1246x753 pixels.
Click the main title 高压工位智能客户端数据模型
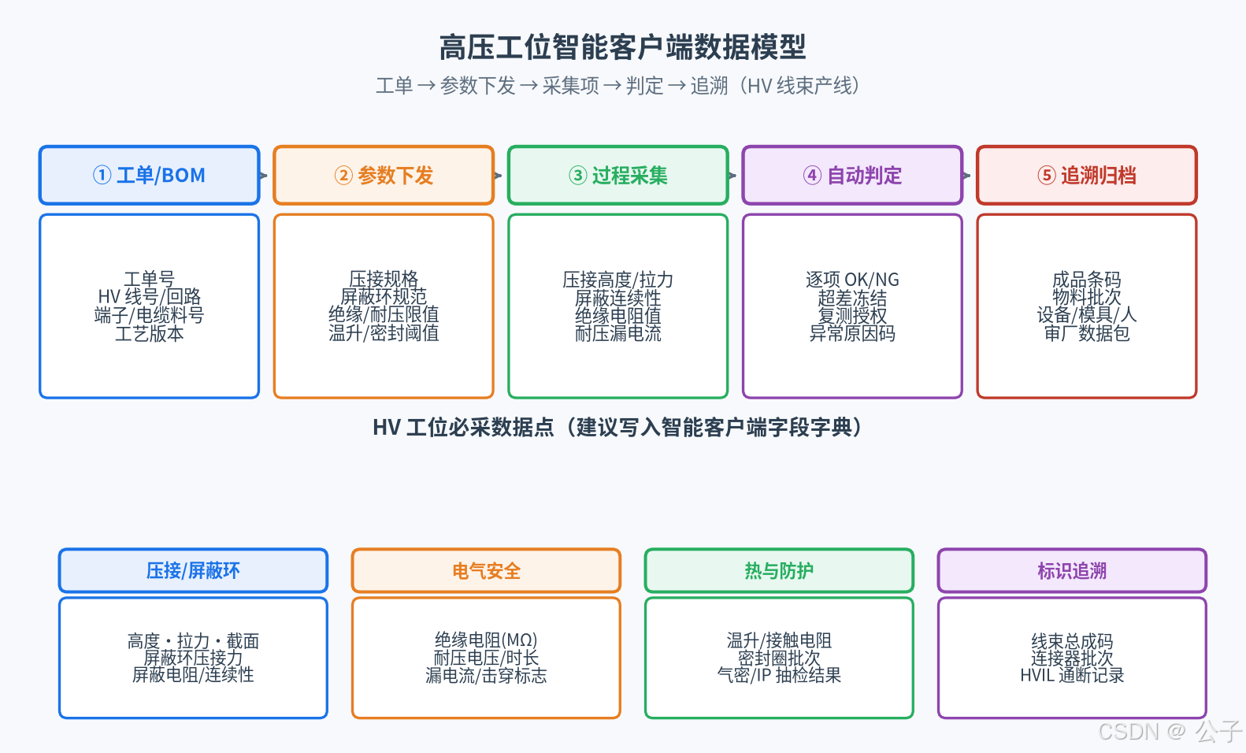(622, 47)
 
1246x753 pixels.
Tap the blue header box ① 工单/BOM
(150, 175)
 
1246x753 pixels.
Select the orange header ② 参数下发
(384, 175)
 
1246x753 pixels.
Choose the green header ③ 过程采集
(618, 175)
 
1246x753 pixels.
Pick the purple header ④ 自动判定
(852, 175)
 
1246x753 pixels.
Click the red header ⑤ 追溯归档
(1087, 175)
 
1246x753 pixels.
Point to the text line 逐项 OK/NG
(852, 279)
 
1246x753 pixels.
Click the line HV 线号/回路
(150, 296)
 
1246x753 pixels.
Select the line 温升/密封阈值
(384, 332)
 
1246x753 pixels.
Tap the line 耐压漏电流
(618, 333)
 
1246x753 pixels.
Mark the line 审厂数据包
(1087, 333)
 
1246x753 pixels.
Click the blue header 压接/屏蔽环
(193, 570)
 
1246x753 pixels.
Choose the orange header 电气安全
(486, 570)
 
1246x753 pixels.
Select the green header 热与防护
(779, 570)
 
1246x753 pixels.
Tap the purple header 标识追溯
(1072, 570)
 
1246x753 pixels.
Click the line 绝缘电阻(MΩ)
(486, 640)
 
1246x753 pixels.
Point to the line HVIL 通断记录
(1072, 675)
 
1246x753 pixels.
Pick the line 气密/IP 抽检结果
(779, 675)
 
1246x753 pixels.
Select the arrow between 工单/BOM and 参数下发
(264, 176)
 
